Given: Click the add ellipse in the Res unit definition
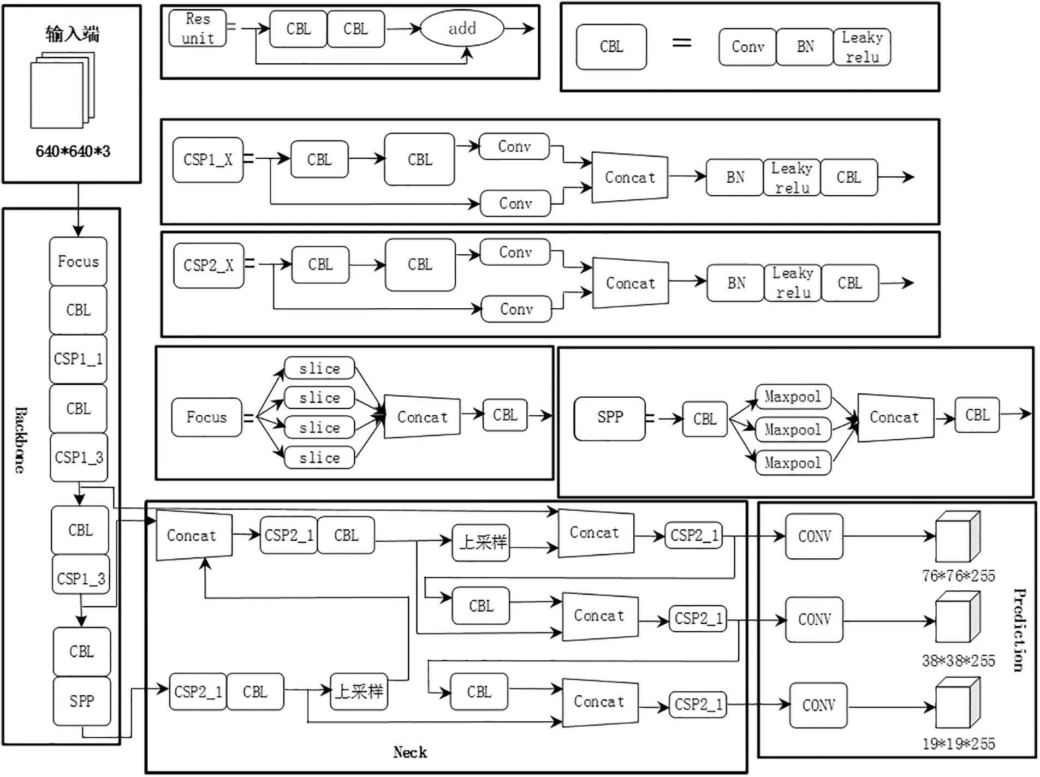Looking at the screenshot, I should (462, 28).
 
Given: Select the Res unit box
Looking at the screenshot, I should (198, 28).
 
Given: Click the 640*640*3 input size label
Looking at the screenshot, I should (73, 151).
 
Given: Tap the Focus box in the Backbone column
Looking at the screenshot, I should (78, 261).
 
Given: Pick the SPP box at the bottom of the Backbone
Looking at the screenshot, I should (82, 701).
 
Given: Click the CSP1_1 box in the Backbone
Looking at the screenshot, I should (78, 358).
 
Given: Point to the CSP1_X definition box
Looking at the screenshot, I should (207, 160).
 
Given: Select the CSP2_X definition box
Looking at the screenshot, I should (209, 266).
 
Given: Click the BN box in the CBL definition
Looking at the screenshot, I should (805, 47).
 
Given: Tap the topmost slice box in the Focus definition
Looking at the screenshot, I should (319, 368).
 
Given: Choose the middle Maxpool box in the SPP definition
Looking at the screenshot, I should (793, 429).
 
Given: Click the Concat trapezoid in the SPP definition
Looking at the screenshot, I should (895, 417).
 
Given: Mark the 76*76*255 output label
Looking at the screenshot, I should (958, 576).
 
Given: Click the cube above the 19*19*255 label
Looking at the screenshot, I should (957, 704).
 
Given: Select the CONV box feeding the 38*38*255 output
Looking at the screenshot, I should (814, 619).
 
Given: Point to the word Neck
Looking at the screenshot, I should (410, 752).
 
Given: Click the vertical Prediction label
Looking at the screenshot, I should (1019, 630).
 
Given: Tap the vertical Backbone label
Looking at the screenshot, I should (20, 440).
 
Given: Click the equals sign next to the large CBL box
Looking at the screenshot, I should (681, 43).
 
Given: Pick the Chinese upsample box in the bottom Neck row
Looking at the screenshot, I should (359, 692).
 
